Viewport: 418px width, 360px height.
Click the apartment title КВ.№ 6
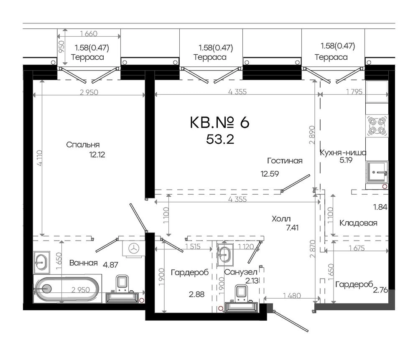coord(220,122)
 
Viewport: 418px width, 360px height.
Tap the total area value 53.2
coord(220,139)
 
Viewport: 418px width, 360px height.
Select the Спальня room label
coord(83,145)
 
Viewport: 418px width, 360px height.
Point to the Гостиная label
coord(285,161)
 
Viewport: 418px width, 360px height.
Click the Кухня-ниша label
coord(343,153)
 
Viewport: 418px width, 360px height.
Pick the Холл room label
coord(281,219)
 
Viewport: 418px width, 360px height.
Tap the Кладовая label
coord(358,223)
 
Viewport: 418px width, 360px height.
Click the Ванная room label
coord(84,263)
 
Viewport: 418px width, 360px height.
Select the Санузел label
coord(241,272)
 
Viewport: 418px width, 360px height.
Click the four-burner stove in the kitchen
coord(377,126)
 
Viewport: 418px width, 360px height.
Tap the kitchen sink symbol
coord(377,172)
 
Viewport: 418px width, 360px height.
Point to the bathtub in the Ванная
coord(67,289)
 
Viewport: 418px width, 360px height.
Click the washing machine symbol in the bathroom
coord(134,248)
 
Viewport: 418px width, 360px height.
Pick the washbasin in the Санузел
coord(225,255)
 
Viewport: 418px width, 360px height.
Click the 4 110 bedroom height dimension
coord(39,158)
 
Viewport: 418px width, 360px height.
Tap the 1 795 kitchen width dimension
coord(354,92)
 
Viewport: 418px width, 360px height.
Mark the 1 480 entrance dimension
coord(292,296)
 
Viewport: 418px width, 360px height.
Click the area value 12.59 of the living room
coord(270,174)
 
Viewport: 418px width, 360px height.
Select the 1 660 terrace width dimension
coord(89,34)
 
